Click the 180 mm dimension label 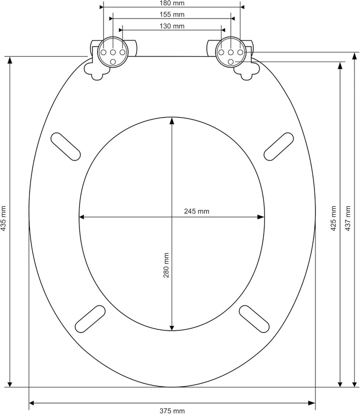[172, 3]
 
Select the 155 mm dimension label [172, 14]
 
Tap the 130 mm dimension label [172, 26]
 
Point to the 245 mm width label [196, 211]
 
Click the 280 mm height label [166, 265]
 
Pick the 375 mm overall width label [172, 410]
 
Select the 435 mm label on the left [3, 219]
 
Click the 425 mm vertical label [333, 219]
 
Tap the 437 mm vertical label [348, 219]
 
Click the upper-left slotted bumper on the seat [65, 147]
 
